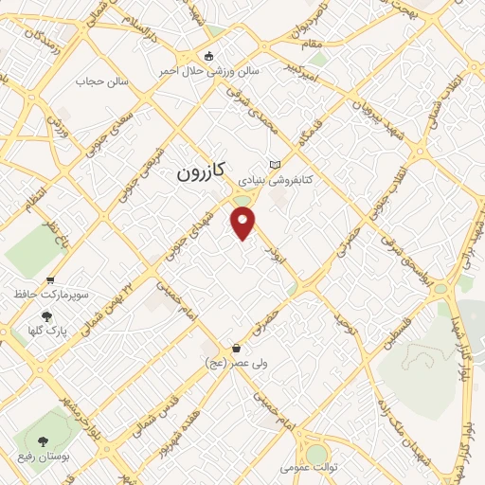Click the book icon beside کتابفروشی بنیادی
pyautogui.click(x=276, y=163)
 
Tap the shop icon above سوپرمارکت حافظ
pyautogui.click(x=49, y=278)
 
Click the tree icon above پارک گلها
pyautogui.click(x=47, y=317)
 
